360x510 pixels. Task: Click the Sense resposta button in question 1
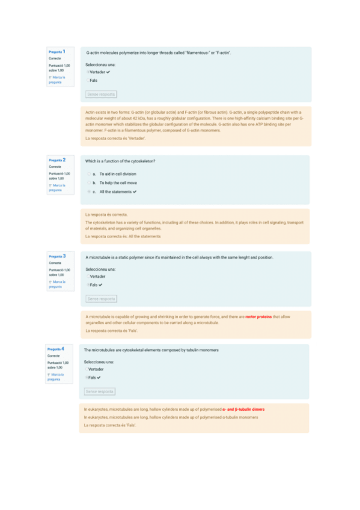[x=101, y=94]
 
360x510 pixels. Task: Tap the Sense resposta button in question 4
[x=99, y=392]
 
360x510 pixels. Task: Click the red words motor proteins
[x=258, y=317]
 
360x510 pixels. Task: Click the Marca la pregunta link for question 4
[x=56, y=377]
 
